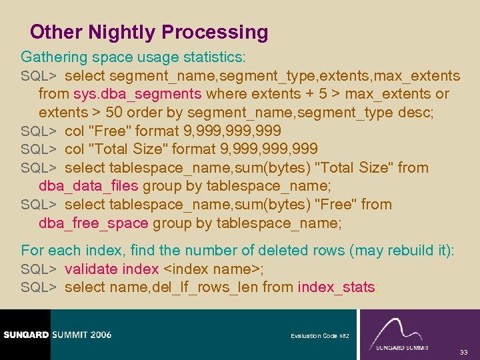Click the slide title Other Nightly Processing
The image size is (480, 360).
pos(149,32)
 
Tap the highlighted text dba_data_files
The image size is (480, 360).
pos(89,186)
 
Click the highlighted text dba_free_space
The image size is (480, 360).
pos(93,223)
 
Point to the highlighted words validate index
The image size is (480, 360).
pos(112,269)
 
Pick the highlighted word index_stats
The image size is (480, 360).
pos(337,287)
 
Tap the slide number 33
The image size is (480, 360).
pos(463,352)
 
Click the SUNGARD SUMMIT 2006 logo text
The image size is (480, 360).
pos(57,334)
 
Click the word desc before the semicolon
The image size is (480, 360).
pos(415,112)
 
